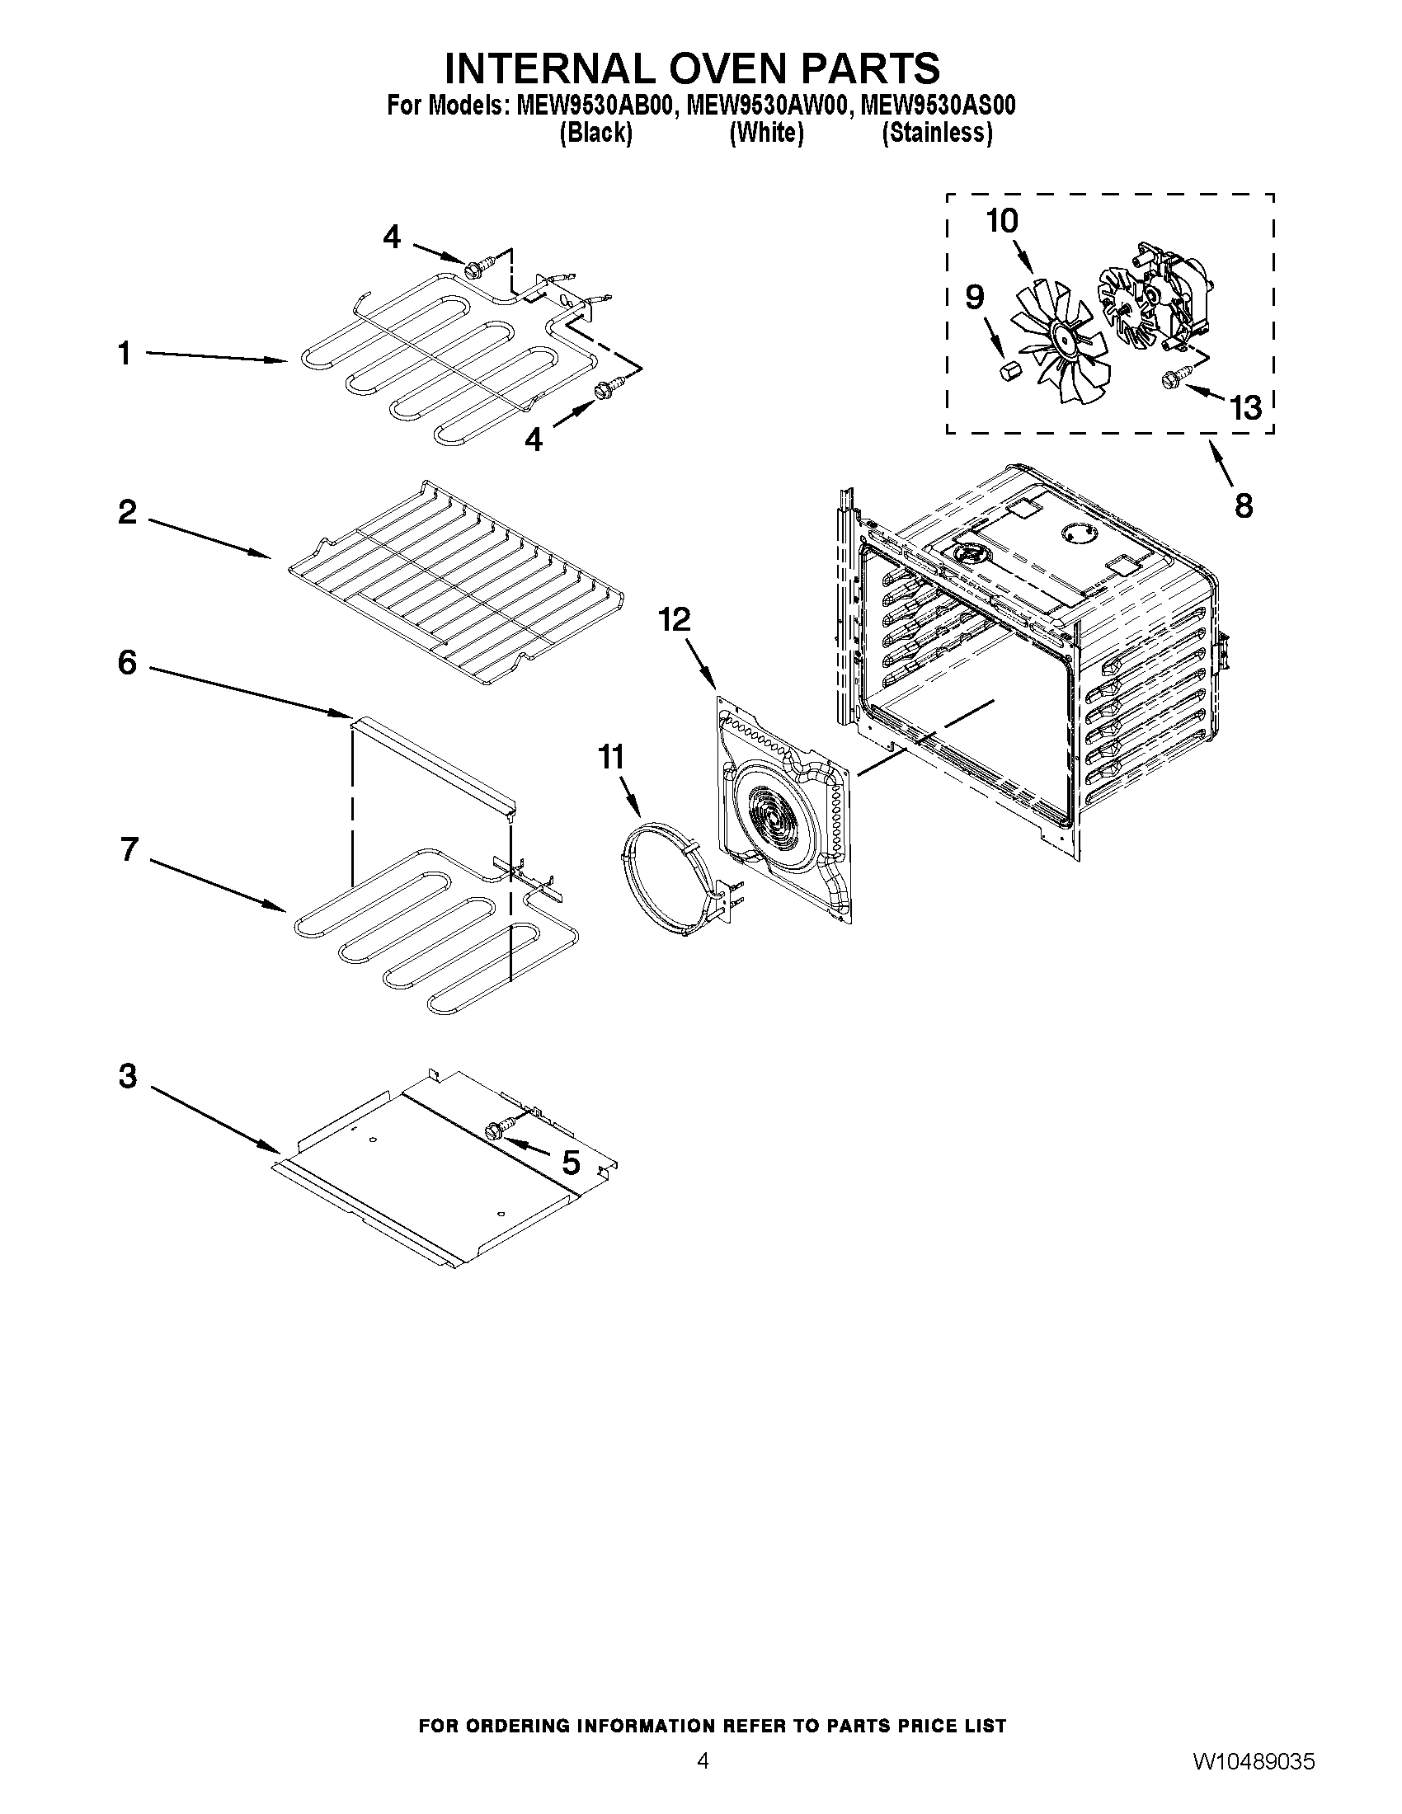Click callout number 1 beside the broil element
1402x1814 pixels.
point(124,354)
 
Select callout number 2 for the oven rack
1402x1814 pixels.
point(127,511)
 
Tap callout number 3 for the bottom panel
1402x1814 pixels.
point(127,1075)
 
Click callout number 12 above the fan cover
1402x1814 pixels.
point(675,618)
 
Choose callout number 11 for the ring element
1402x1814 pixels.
point(611,757)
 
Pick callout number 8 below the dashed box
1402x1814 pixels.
point(1244,505)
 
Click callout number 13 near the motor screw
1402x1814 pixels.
point(1246,408)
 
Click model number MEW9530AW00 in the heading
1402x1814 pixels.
point(765,106)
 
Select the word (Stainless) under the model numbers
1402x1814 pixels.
point(937,133)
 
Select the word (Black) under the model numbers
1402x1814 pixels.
point(595,133)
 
